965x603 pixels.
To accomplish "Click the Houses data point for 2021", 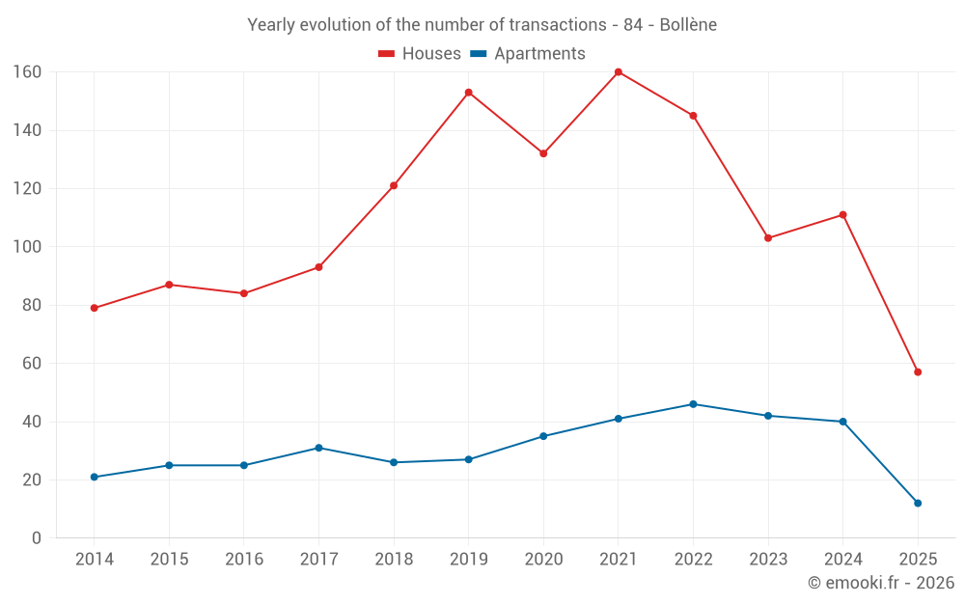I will pyautogui.click(x=619, y=72).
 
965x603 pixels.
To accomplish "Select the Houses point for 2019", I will pyautogui.click(x=468, y=93).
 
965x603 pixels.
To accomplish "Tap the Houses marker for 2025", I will pyautogui.click(x=918, y=371).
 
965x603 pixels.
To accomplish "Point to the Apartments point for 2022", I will pyautogui.click(x=693, y=404).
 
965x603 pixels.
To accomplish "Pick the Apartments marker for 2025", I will pyautogui.click(x=918, y=503).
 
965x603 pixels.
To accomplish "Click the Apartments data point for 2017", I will pyautogui.click(x=318, y=448).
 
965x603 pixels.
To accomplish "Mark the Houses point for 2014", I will pyautogui.click(x=94, y=308).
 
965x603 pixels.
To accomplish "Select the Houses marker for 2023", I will pyautogui.click(x=768, y=237).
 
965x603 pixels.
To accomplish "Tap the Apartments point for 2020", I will pyautogui.click(x=543, y=436).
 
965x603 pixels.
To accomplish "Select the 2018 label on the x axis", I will pyautogui.click(x=394, y=560).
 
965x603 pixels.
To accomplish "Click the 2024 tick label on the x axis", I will pyautogui.click(x=842, y=560).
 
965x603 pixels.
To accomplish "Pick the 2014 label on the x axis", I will pyautogui.click(x=94, y=560).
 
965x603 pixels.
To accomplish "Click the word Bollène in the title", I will pyautogui.click(x=688, y=25).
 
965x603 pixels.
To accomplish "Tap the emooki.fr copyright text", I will pyautogui.click(x=881, y=583).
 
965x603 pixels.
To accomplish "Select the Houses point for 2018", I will pyautogui.click(x=394, y=185).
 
